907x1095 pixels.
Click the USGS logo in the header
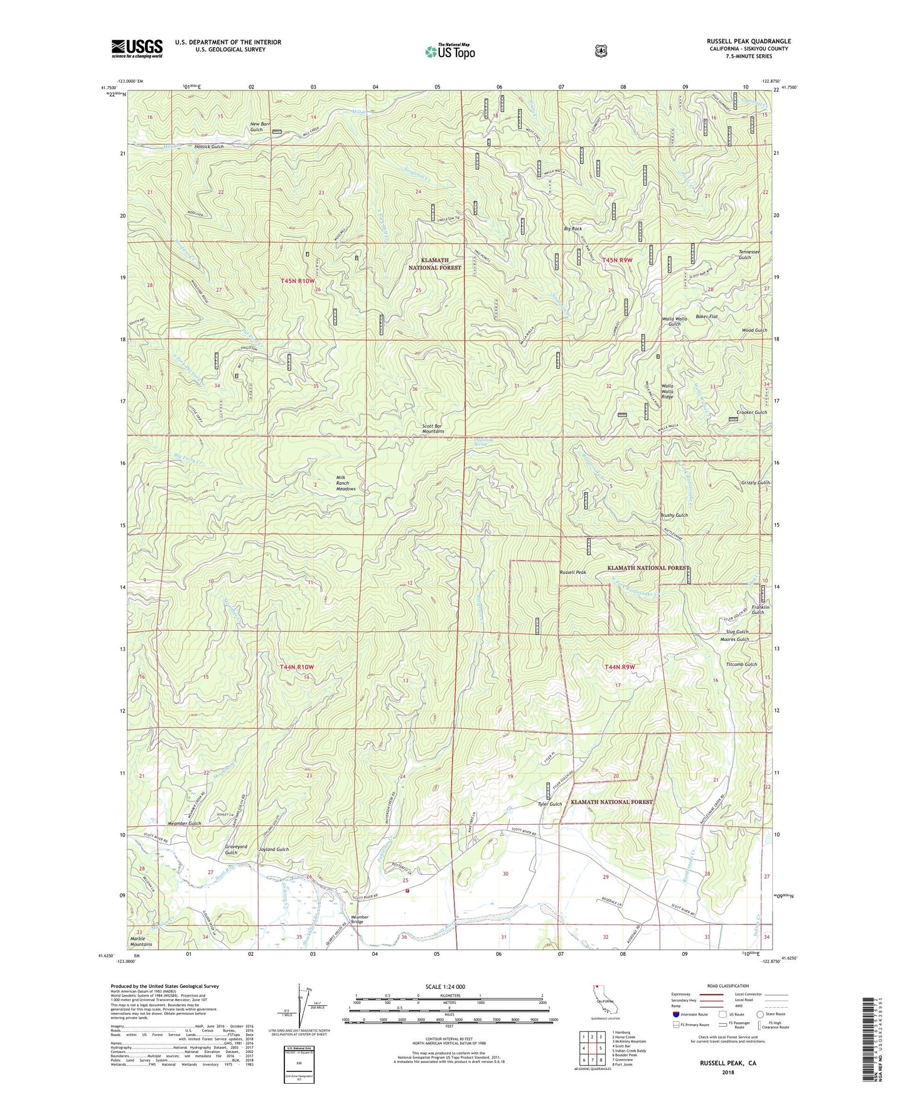click(x=137, y=48)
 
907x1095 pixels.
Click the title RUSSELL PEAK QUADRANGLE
click(x=748, y=41)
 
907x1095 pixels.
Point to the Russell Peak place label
click(x=572, y=573)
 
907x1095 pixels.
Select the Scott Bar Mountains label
click(x=432, y=429)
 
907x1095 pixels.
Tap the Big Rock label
click(x=572, y=230)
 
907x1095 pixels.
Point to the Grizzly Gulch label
click(x=754, y=483)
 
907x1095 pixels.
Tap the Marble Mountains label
click(x=141, y=941)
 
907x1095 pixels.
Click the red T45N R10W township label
click(x=297, y=281)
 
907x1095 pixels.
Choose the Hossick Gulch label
click(x=208, y=147)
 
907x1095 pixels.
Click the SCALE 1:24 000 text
click(x=444, y=987)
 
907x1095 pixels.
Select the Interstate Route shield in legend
click(x=676, y=1014)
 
